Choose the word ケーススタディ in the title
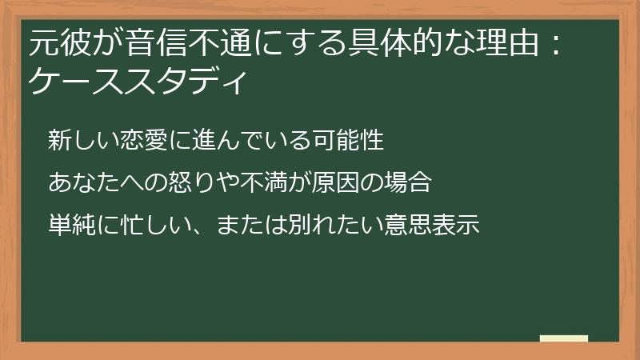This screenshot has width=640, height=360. click(x=135, y=81)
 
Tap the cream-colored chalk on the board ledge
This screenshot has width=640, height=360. click(x=563, y=339)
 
